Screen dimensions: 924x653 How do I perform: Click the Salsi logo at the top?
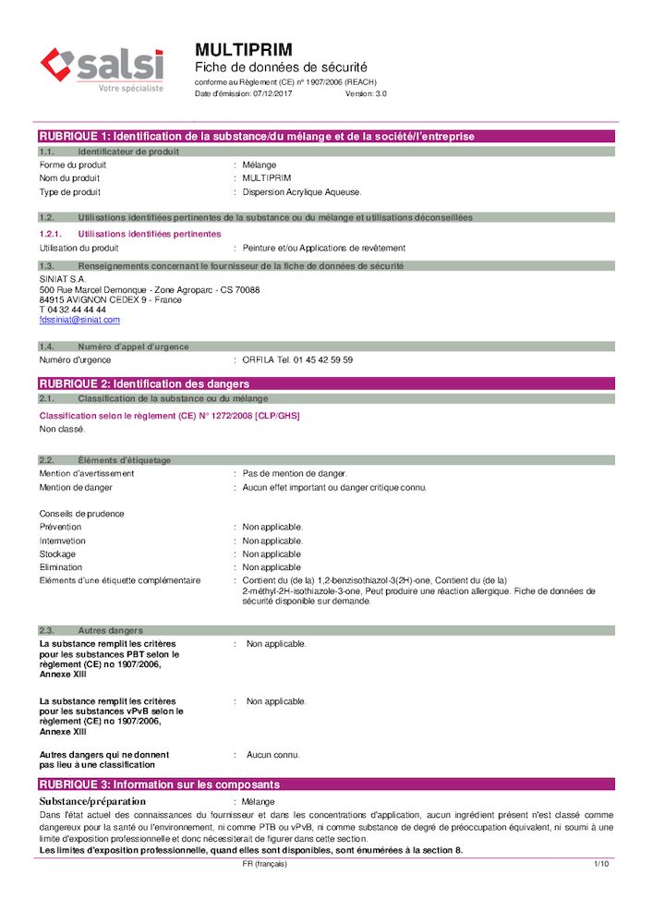click(102, 69)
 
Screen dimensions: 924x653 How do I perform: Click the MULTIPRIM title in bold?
click(244, 49)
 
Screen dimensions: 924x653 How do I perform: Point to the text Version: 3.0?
click(366, 94)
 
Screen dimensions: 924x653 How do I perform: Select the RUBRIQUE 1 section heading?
click(257, 137)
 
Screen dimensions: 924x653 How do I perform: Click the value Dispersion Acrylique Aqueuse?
click(302, 192)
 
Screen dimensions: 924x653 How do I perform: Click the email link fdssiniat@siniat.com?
click(79, 320)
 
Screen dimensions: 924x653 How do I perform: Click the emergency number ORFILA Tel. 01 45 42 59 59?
click(297, 360)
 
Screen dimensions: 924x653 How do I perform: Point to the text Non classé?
click(62, 429)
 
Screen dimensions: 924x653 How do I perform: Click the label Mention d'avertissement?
click(87, 473)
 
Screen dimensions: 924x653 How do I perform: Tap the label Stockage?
click(58, 554)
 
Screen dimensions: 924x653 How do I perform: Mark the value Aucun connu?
click(273, 755)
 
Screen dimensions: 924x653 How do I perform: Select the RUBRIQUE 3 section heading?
click(159, 784)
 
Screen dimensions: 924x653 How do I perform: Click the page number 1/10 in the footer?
click(600, 864)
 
